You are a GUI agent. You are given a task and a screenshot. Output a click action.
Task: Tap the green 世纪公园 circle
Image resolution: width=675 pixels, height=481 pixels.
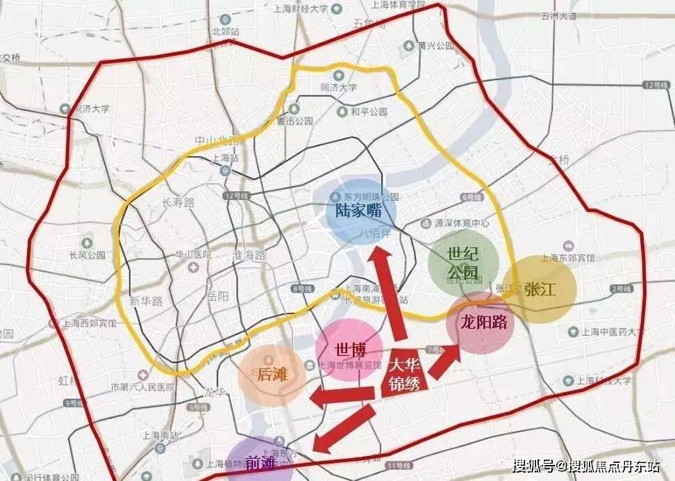(x=462, y=262)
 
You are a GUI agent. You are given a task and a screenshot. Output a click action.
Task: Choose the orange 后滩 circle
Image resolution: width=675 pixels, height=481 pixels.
(x=272, y=375)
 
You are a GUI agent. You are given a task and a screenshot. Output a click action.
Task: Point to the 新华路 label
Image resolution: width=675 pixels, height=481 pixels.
(x=146, y=301)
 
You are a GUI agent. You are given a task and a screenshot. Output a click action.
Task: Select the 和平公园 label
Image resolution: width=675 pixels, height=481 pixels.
(x=367, y=111)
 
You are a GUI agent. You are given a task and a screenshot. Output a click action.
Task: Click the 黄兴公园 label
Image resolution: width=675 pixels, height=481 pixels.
(x=436, y=46)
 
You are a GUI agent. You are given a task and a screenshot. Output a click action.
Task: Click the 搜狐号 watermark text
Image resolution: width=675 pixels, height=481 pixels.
(x=534, y=464)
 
